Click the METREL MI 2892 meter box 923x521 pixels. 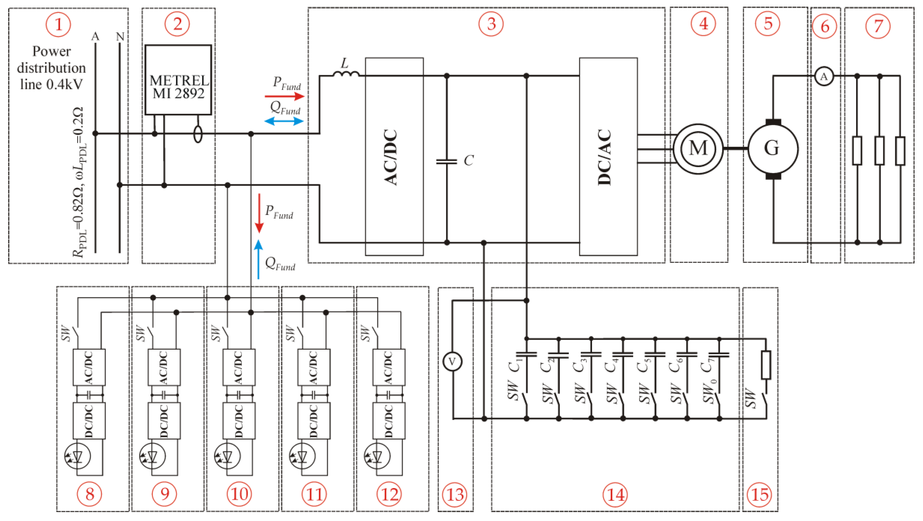178,80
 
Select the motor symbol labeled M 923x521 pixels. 698,148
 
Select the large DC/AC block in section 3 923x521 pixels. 608,157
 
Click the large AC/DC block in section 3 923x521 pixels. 394,157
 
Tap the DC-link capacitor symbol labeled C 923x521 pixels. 446,161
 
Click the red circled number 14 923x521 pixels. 616,495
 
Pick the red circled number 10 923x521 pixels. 239,495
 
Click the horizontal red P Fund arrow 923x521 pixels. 284,96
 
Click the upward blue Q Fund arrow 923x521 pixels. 258,260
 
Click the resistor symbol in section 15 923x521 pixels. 766,365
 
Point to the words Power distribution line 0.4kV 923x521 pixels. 51,68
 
